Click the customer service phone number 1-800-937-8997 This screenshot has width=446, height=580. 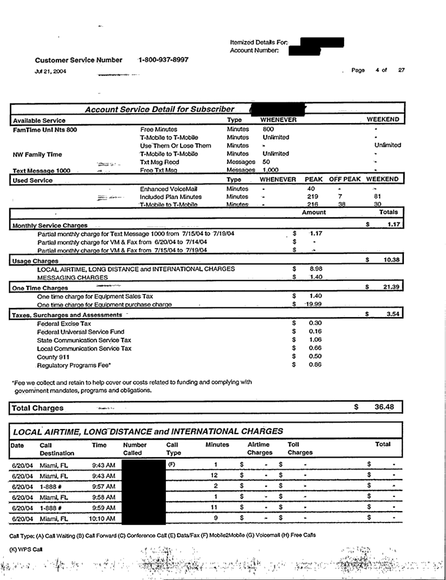click(x=164, y=60)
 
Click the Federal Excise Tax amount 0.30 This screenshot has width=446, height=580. click(x=315, y=323)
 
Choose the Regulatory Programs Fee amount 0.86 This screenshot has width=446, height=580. click(x=315, y=365)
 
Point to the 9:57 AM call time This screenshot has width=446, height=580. click(x=103, y=485)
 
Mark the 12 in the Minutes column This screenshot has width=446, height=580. click(x=215, y=475)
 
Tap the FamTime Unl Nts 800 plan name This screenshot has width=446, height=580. click(x=45, y=130)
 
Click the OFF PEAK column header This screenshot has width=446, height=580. click(x=345, y=179)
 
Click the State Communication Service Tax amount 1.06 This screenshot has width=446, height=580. click(x=315, y=339)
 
